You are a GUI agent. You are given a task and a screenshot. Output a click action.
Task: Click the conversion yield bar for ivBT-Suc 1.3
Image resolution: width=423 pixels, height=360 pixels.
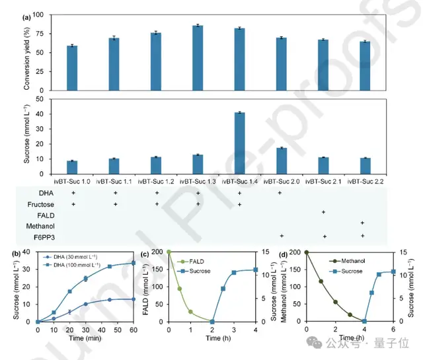[x=197, y=57]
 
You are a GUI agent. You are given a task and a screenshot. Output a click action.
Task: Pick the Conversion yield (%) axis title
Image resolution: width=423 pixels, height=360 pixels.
[x=27, y=52]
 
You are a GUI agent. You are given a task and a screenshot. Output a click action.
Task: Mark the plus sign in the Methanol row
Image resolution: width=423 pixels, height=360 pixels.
[x=362, y=225]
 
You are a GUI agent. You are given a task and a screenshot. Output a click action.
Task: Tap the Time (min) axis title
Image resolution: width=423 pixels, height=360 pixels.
[x=86, y=338]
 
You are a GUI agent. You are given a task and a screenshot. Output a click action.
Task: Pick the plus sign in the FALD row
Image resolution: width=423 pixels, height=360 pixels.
[x=323, y=213]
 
